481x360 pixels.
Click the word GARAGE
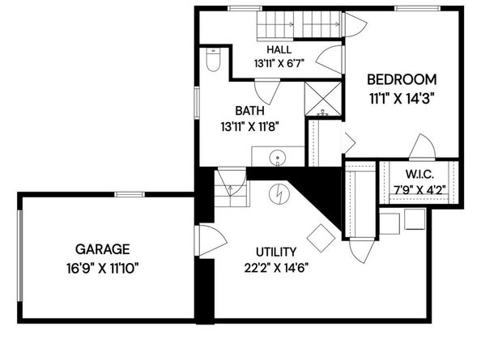click(102, 248)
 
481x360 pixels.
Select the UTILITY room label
click(275, 252)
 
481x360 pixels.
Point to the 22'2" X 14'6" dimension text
click(275, 268)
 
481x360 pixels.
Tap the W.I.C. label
click(420, 174)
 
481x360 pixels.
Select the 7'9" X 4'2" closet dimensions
click(420, 190)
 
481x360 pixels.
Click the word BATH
click(249, 110)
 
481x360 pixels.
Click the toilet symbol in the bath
click(214, 60)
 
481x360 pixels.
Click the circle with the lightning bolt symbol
click(279, 194)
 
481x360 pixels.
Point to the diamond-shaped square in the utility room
click(321, 237)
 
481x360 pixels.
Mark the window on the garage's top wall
click(129, 193)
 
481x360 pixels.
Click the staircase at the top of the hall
click(298, 25)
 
